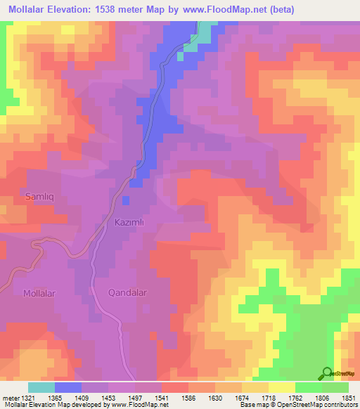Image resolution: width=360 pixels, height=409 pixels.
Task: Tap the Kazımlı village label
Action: point(128,221)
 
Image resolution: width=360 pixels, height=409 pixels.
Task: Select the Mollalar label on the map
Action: point(39,293)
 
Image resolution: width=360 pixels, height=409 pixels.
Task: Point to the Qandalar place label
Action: point(127,293)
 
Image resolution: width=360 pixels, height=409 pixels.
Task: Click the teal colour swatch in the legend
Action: point(41,387)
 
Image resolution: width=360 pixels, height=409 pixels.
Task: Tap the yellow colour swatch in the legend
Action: point(282,387)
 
